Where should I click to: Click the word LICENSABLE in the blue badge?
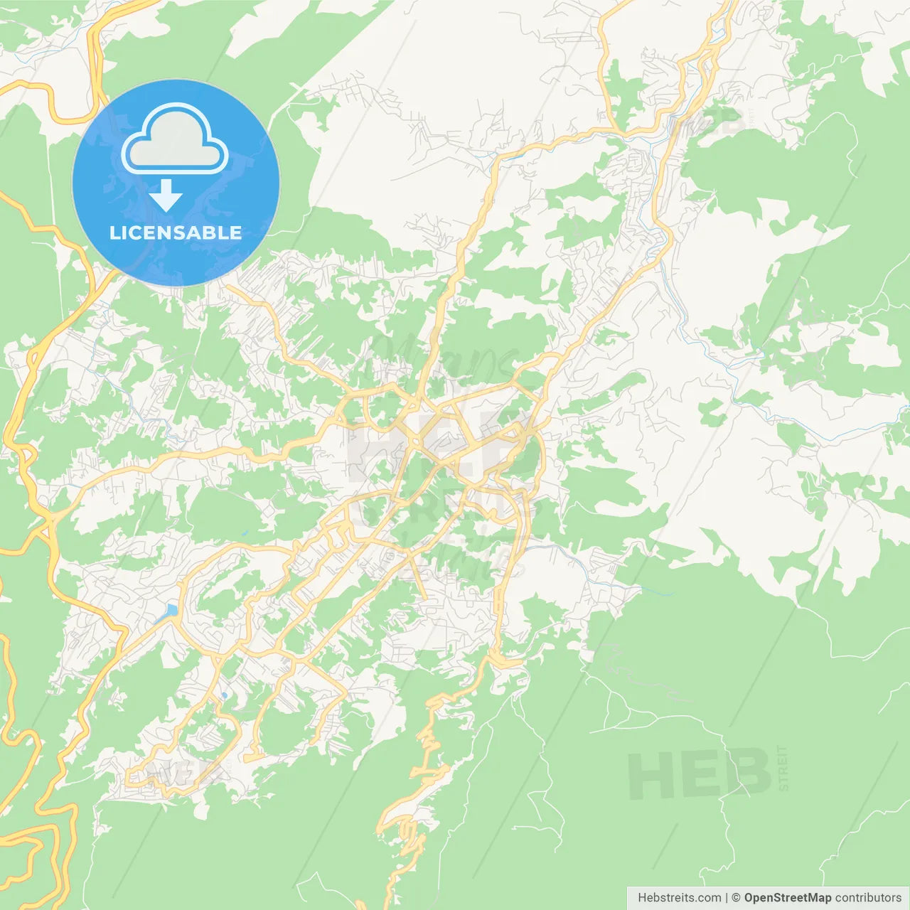176,232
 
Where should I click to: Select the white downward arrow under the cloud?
166,196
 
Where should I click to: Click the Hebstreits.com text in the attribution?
679,898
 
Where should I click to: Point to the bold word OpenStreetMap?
787,898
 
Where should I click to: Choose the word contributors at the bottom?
868,898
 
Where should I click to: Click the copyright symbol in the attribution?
736,898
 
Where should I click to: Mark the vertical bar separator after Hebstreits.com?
727,898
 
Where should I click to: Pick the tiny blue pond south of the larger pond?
224,695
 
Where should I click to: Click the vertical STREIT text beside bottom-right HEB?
783,769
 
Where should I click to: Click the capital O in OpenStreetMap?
749,898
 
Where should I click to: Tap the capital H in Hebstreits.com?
642,898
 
